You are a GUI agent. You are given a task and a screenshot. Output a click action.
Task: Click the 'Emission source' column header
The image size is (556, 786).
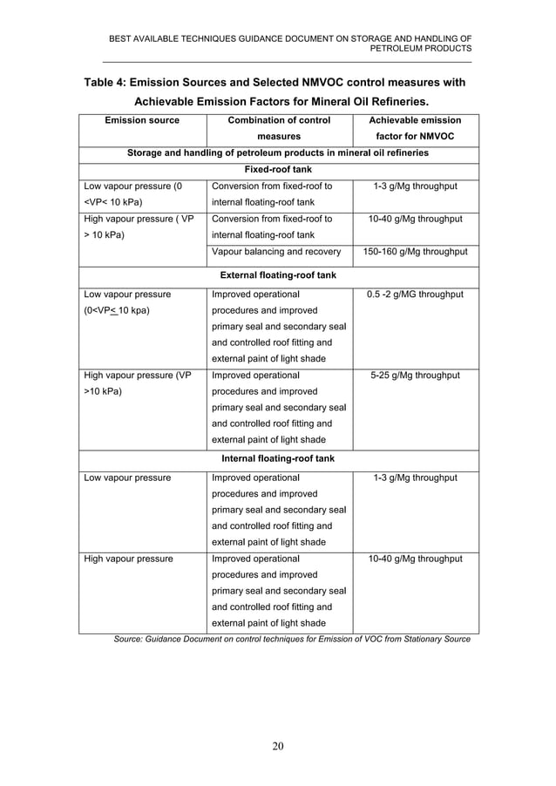point(142,120)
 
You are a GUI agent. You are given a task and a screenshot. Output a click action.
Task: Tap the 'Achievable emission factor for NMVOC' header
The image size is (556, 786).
point(415,128)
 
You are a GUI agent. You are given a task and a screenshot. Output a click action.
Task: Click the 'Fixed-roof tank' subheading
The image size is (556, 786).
point(277,170)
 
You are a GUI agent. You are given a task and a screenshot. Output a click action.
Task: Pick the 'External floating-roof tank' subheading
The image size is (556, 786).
point(277,275)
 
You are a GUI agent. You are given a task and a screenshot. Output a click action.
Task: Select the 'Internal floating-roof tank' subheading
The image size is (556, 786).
point(277,458)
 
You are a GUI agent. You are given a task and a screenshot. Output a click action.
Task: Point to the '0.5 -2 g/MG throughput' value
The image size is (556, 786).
point(415,295)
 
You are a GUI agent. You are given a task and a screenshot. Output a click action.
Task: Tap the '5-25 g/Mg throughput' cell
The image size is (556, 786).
point(415,376)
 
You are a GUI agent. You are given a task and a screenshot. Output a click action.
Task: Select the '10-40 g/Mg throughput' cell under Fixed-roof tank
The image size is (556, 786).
point(415,219)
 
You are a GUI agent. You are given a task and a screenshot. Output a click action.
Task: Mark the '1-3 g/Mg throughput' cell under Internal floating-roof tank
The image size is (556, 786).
point(415,478)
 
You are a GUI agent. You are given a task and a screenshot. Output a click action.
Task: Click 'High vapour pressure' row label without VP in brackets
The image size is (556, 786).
point(127,559)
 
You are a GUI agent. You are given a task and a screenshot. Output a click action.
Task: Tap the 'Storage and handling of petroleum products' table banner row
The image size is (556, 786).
point(277,153)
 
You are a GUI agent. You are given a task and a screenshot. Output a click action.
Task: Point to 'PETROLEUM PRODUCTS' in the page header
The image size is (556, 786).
point(421,50)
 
